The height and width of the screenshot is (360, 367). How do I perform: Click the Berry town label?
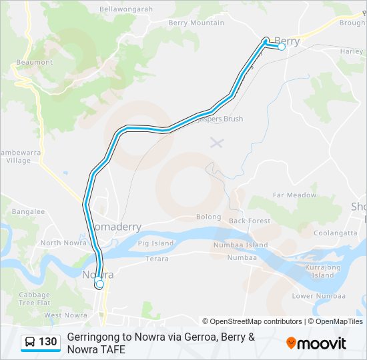click(x=287, y=41)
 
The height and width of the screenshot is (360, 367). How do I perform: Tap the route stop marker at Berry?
click(x=282, y=47)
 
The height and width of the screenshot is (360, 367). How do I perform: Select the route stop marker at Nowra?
click(x=100, y=285)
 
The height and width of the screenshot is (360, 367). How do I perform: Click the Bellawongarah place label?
click(x=126, y=9)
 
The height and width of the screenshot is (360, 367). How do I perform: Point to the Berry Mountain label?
click(x=196, y=23)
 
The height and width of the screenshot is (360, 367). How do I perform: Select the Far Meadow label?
click(x=294, y=195)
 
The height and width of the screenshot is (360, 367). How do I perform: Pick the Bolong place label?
click(x=208, y=217)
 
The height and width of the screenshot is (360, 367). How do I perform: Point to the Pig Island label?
click(x=155, y=243)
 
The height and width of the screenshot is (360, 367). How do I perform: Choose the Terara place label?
click(x=157, y=258)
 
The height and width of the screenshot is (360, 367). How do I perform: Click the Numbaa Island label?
click(x=250, y=245)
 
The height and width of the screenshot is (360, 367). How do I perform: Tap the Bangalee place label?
click(x=27, y=212)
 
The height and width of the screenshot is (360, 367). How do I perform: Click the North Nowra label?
click(x=60, y=243)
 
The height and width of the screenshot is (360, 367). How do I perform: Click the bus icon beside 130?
click(x=31, y=342)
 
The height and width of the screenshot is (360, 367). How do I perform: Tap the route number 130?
click(x=47, y=342)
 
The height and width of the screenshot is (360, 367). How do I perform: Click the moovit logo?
click(x=316, y=343)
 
